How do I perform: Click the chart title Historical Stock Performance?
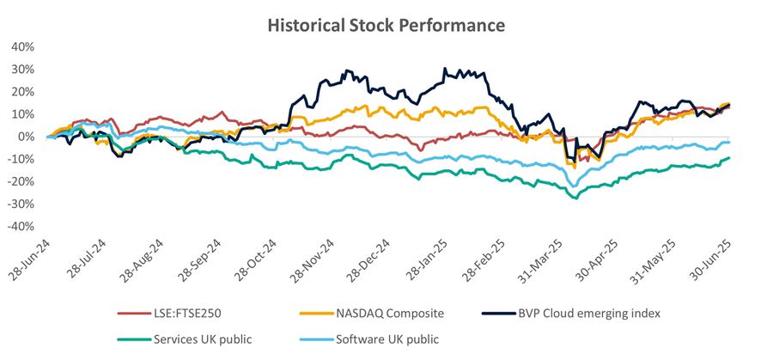[x=386, y=26]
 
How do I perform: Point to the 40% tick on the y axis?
[x=23, y=47]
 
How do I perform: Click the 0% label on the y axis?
[x=27, y=137]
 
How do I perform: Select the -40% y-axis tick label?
[x=21, y=226]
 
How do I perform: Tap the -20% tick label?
[x=21, y=181]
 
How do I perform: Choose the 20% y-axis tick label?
[x=23, y=92]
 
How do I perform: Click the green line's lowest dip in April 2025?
[x=574, y=198]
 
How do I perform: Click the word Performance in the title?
[x=453, y=26]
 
